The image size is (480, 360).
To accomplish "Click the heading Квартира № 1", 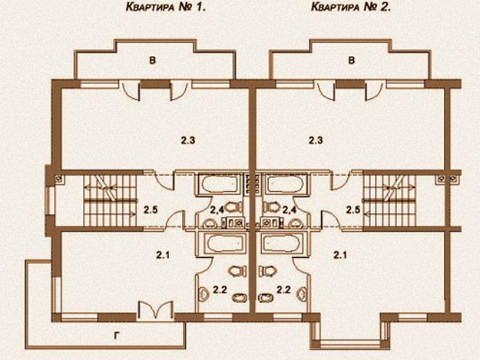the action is (x=166, y=7).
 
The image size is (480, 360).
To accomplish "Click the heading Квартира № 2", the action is (x=351, y=7).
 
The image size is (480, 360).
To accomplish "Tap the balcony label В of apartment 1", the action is (x=152, y=60).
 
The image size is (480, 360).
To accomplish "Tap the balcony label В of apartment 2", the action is (x=352, y=60).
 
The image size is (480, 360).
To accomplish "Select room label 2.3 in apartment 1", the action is (x=188, y=140).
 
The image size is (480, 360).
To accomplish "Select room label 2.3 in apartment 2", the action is (x=316, y=140).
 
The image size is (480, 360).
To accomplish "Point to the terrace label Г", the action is (x=117, y=336).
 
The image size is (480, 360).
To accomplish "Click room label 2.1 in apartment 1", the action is (x=163, y=255).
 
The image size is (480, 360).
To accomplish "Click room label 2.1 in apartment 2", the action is (x=340, y=255).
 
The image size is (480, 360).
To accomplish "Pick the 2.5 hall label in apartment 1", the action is (x=151, y=210).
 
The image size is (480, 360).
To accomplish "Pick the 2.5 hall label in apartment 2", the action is (x=353, y=210).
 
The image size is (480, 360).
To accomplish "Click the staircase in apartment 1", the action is (x=110, y=200).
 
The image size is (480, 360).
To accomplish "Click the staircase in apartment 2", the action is (x=389, y=200).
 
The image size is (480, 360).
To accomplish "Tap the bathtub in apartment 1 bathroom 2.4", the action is (x=220, y=184).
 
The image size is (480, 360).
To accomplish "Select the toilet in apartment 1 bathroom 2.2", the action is (x=238, y=271).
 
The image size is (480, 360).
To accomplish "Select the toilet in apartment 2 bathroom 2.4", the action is (x=271, y=207).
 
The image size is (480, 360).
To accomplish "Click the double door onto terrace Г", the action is (x=155, y=310).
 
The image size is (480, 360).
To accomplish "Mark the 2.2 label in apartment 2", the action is (x=283, y=289).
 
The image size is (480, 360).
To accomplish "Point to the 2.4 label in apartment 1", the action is (x=217, y=210).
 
